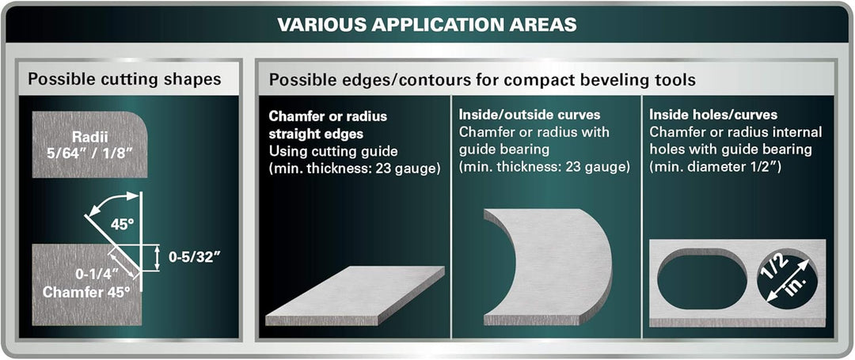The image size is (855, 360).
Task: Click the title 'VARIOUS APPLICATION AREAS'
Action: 427,25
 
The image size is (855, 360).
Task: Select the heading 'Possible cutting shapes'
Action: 124,79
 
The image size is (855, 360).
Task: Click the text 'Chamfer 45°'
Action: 86,291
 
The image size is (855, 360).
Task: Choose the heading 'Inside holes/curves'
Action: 713,116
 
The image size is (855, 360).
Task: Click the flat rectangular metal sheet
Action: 355,295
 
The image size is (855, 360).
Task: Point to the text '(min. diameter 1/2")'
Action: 716,167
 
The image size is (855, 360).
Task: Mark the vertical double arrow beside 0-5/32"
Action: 157,258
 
